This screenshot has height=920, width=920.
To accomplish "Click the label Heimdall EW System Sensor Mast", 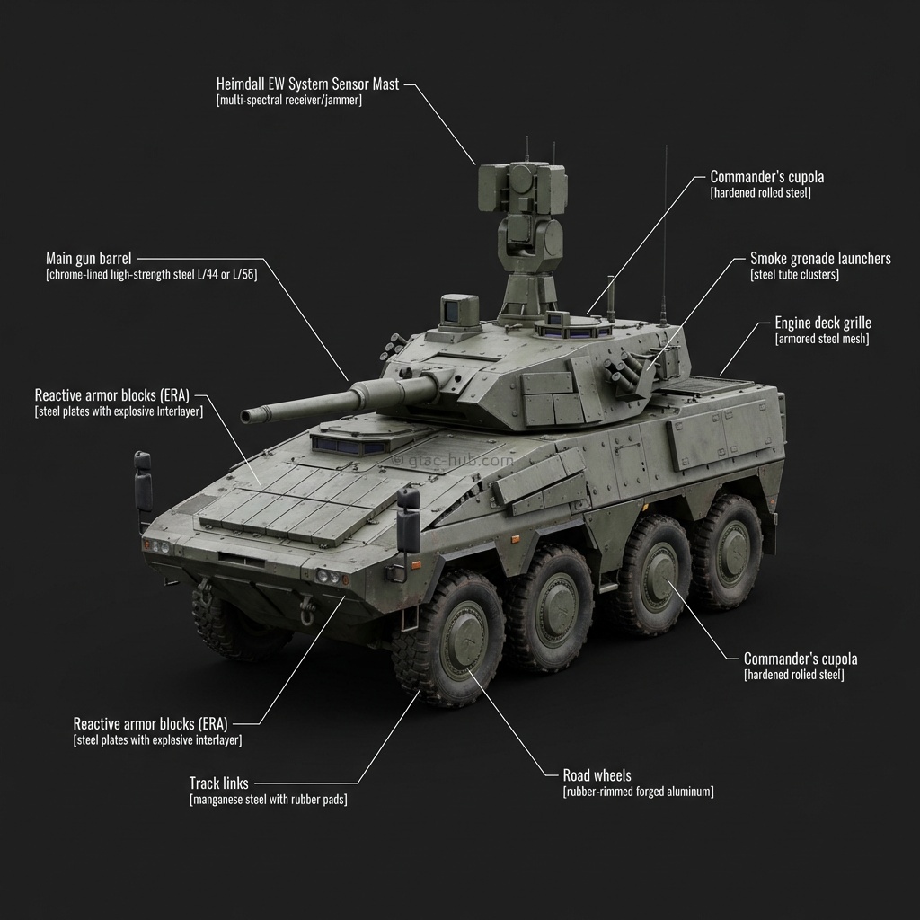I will pyautogui.click(x=307, y=84).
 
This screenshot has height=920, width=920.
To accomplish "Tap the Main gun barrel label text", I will pyautogui.click(x=88, y=259).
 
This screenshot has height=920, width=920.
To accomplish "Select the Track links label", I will pyautogui.click(x=218, y=783).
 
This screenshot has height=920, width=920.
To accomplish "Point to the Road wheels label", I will pyautogui.click(x=597, y=775).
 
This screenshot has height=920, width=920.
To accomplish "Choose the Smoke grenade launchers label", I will pyautogui.click(x=820, y=259).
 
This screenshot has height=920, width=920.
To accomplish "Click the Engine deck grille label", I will pyautogui.click(x=822, y=323).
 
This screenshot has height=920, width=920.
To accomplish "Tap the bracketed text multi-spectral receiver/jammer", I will pyautogui.click(x=289, y=101).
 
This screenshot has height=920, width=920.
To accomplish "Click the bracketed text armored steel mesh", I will pyautogui.click(x=821, y=340).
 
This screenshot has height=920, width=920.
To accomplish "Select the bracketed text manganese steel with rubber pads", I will pyautogui.click(x=268, y=800).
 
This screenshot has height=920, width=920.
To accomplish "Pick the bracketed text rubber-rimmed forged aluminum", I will pyautogui.click(x=638, y=792).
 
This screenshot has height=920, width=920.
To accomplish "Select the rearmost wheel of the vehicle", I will pyautogui.click(x=728, y=552).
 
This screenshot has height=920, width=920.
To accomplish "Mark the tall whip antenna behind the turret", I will pyautogui.click(x=665, y=234).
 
